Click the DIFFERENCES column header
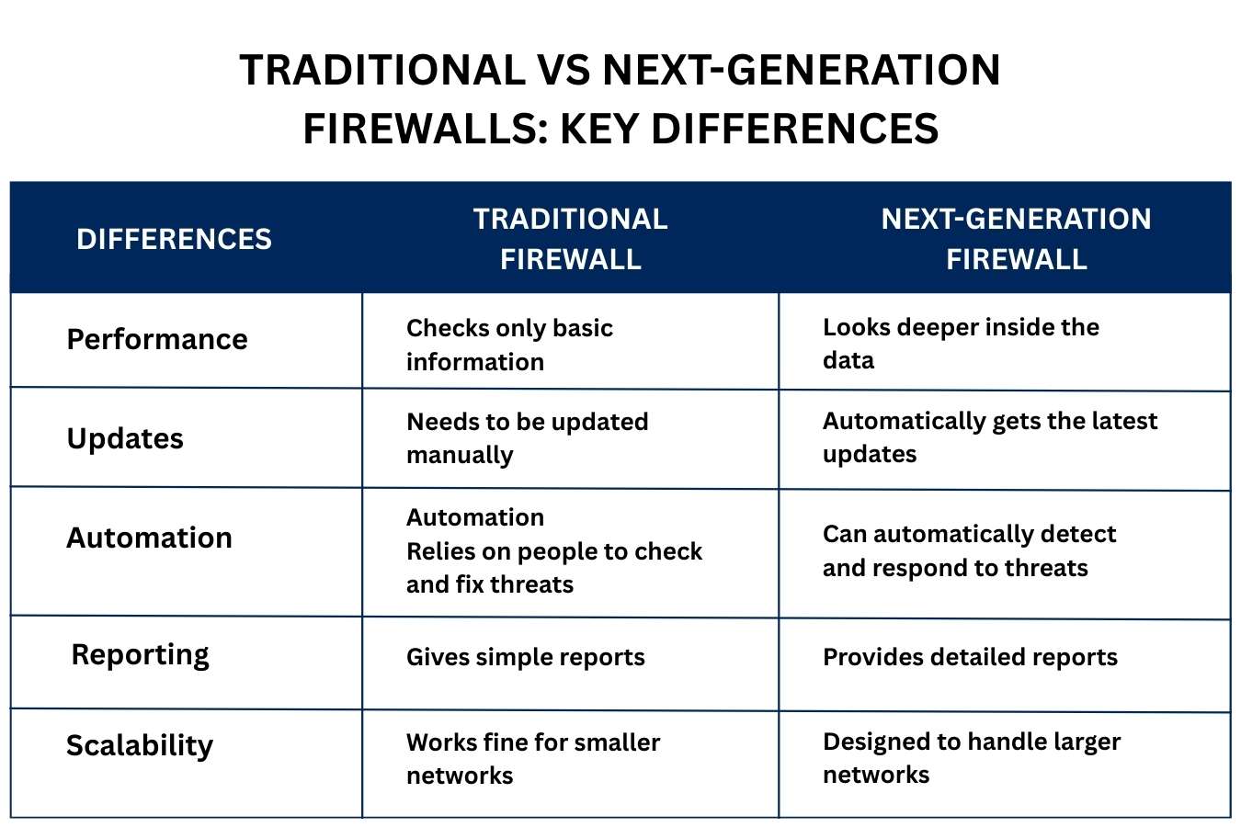pos(174,239)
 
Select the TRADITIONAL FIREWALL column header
pos(571,239)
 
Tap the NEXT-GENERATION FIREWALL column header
pos(1016,239)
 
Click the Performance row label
pos(157,339)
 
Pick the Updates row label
pos(125,438)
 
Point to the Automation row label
pos(149,538)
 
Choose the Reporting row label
pos(140,655)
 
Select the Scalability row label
pos(140,745)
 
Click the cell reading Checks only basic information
pos(509,345)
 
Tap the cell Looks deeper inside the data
pos(962,344)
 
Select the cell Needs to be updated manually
pos(528,438)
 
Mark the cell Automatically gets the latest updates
pos(990,437)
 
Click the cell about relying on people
pos(554,550)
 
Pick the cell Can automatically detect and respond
pos(970,551)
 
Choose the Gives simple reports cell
pos(525,658)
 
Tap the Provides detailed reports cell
pos(970,658)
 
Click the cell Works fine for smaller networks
pos(533,759)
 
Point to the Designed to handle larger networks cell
pos(972,758)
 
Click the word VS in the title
pos(564,70)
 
